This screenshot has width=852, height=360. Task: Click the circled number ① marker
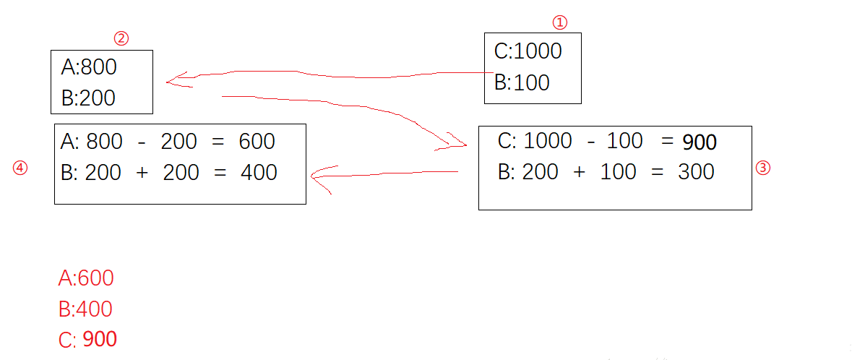[x=560, y=22]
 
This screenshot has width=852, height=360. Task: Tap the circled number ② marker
[x=122, y=38]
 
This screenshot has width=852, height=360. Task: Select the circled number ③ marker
[x=763, y=168]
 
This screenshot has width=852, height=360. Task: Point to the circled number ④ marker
[x=20, y=168]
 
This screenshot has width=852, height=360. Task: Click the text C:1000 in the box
[x=528, y=51]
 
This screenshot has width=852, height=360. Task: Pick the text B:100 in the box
[x=522, y=82]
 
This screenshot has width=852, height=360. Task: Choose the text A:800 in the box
[x=89, y=67]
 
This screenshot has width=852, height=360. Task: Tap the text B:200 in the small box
[x=88, y=98]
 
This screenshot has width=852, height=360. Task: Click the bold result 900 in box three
[x=699, y=142]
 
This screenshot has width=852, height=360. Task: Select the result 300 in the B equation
[x=696, y=172]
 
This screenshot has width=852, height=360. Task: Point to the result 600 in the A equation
[x=257, y=141]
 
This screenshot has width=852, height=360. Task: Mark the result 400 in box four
[x=259, y=172]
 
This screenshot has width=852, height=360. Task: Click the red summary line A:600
[x=86, y=278]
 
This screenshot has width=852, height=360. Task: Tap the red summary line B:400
[x=85, y=309]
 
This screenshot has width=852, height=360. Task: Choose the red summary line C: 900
[x=87, y=340]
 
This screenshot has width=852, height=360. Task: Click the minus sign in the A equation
[x=142, y=141]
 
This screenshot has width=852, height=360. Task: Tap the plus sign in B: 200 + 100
[x=579, y=172]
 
